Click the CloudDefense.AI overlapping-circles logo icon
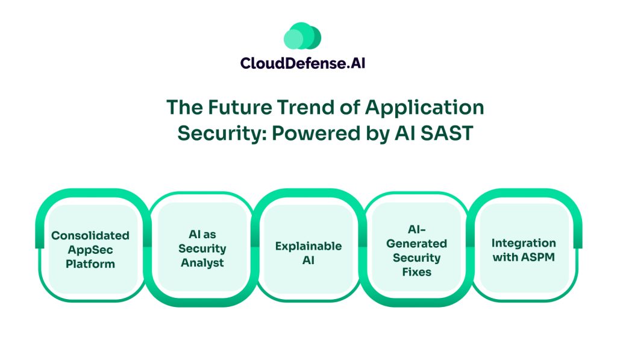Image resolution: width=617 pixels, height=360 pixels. [302, 37]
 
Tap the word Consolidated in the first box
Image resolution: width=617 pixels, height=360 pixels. [90, 235]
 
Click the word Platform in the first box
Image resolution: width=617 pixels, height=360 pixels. [91, 264]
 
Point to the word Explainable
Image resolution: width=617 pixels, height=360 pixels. [308, 246]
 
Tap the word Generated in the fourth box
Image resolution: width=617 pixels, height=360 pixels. [417, 244]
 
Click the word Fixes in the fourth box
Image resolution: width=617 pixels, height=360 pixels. [417, 272]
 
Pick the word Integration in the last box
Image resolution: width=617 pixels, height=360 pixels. [524, 243]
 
